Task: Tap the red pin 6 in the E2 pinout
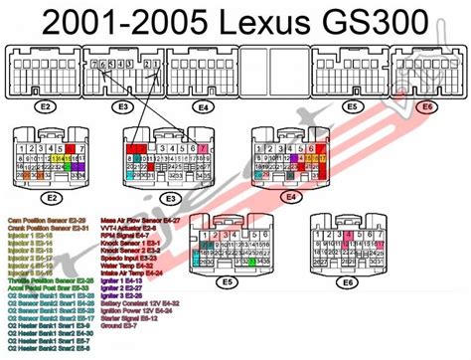(x=71, y=148)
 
